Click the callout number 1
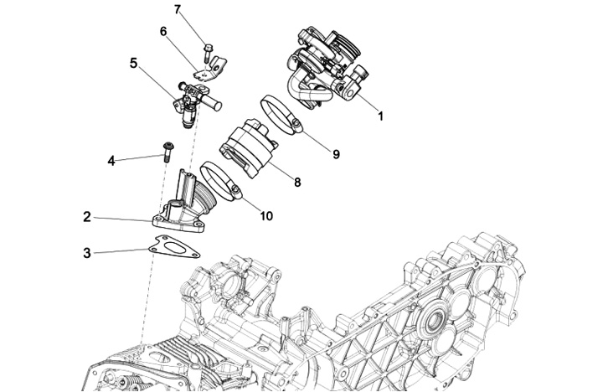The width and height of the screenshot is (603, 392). (380, 116)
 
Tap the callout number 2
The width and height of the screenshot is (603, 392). (87, 217)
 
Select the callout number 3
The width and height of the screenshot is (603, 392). (87, 252)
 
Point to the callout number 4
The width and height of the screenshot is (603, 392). (110, 159)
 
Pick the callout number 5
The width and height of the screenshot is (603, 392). (133, 63)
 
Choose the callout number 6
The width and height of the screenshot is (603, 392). (164, 32)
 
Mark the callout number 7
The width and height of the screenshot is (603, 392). (178, 10)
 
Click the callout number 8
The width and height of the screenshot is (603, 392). (296, 181)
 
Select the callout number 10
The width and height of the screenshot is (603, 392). (266, 216)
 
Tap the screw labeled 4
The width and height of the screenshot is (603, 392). (167, 152)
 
